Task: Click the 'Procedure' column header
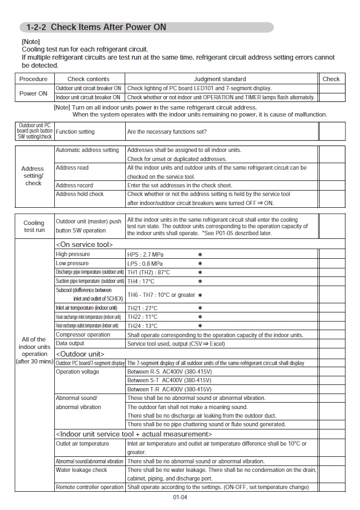point(33,79)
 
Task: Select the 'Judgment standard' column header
point(220,79)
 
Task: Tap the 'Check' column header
point(331,79)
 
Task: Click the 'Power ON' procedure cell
point(33,93)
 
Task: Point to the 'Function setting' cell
point(75,132)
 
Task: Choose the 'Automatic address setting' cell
point(87,150)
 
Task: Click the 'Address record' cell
point(74,185)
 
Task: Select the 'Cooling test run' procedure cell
point(34,226)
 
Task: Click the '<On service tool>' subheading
point(84,244)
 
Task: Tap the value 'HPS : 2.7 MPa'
point(145,254)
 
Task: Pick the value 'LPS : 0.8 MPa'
point(145,264)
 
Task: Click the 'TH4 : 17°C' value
point(141,281)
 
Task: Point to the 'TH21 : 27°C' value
point(142,308)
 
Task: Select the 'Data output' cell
point(70,344)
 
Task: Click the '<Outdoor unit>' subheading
point(80,354)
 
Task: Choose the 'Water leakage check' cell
point(81,470)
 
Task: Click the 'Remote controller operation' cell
point(89,487)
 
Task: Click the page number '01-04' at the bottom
point(180,498)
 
